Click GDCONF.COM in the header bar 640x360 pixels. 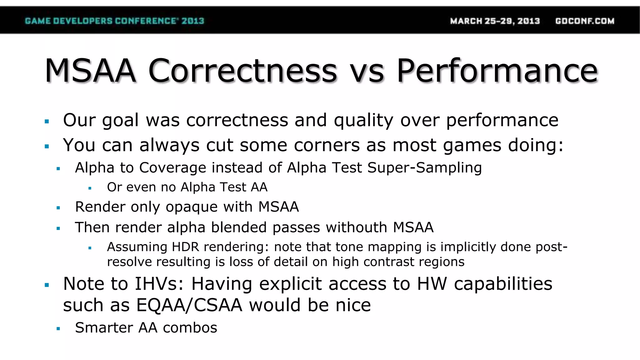point(585,21)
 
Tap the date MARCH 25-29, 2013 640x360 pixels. point(495,21)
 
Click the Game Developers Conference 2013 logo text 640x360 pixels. point(114,21)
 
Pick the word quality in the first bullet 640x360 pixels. point(363,120)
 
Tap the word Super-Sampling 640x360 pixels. point(424,168)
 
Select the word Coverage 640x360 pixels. point(172,168)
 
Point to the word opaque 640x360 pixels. point(191,207)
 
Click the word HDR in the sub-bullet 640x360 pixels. point(185,247)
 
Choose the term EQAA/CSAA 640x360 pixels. point(189,305)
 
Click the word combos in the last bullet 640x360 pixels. point(190,328)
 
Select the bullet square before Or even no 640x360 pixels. point(90,188)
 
